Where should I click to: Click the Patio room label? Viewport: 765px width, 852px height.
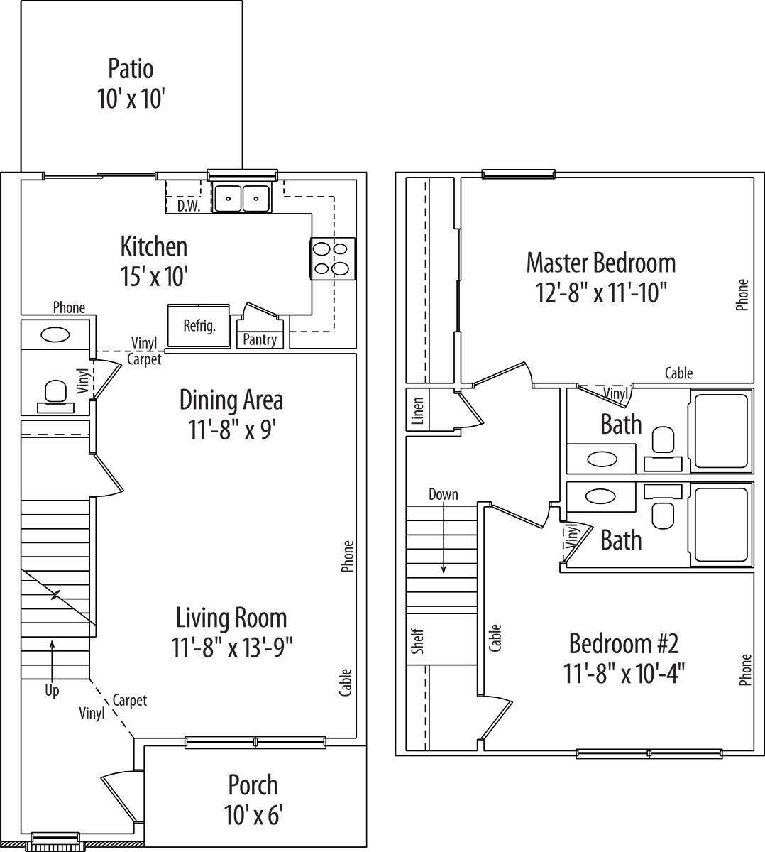[131, 69]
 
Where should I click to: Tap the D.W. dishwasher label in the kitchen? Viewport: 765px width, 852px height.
[188, 206]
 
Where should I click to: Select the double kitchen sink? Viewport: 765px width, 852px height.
[241, 198]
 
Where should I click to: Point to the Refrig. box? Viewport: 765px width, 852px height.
[199, 326]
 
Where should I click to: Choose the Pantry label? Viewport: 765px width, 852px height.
[260, 339]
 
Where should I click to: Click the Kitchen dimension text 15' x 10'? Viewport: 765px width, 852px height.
[153, 276]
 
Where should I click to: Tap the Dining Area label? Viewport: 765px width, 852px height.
[231, 400]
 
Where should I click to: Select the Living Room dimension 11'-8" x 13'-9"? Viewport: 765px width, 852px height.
[231, 648]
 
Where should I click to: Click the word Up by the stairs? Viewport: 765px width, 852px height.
[52, 690]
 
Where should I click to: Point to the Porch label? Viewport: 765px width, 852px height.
[253, 785]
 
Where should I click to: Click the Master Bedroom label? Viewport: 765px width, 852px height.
[600, 263]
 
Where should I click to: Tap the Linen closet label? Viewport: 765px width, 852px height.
[418, 410]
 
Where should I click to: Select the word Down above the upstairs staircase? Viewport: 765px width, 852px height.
[443, 494]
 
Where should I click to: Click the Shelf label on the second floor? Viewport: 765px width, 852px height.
[418, 641]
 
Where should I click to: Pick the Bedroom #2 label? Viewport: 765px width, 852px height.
[624, 644]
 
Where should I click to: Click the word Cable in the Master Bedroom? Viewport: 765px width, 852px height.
[678, 373]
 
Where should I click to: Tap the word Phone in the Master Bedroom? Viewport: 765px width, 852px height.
[742, 295]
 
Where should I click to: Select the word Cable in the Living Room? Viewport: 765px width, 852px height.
[346, 682]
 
